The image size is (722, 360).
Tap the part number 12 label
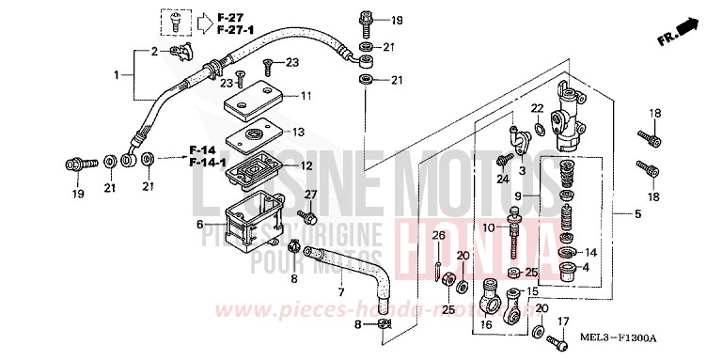pyautogui.click(x=306, y=166)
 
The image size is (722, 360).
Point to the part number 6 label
pyautogui.click(x=199, y=225)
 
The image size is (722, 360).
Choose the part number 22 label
pyautogui.click(x=537, y=108)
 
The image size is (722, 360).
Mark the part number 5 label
pyautogui.click(x=638, y=214)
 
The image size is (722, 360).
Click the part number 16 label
pyautogui.click(x=486, y=324)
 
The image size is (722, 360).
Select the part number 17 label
pyautogui.click(x=563, y=322)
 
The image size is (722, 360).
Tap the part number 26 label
pyautogui.click(x=438, y=234)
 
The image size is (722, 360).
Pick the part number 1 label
pyautogui.click(x=118, y=74)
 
